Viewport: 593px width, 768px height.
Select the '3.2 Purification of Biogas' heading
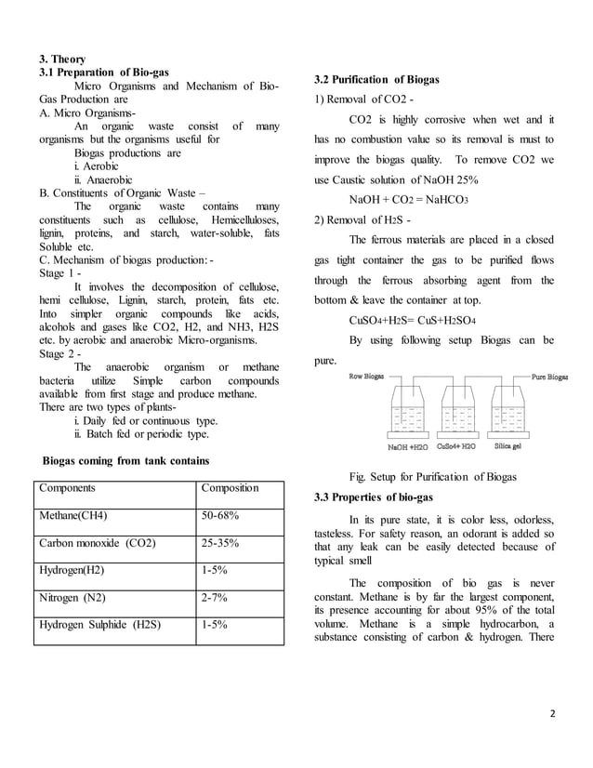pos(375,80)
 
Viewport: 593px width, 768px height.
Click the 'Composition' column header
pos(231,487)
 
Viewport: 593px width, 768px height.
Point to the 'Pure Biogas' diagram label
pos(549,378)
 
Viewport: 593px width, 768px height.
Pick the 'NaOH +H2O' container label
pos(408,446)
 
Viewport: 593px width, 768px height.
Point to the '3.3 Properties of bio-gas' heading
pos(376,497)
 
